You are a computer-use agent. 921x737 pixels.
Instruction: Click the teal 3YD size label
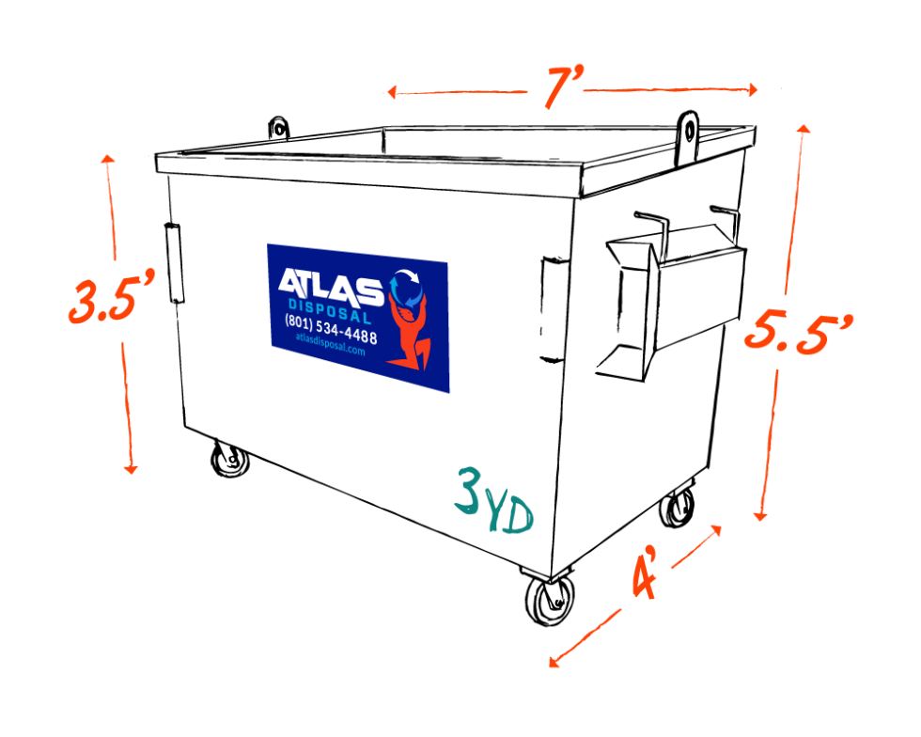(493, 503)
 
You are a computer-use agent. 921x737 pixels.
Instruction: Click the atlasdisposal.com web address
(329, 349)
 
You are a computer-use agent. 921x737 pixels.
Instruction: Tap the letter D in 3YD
(520, 516)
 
